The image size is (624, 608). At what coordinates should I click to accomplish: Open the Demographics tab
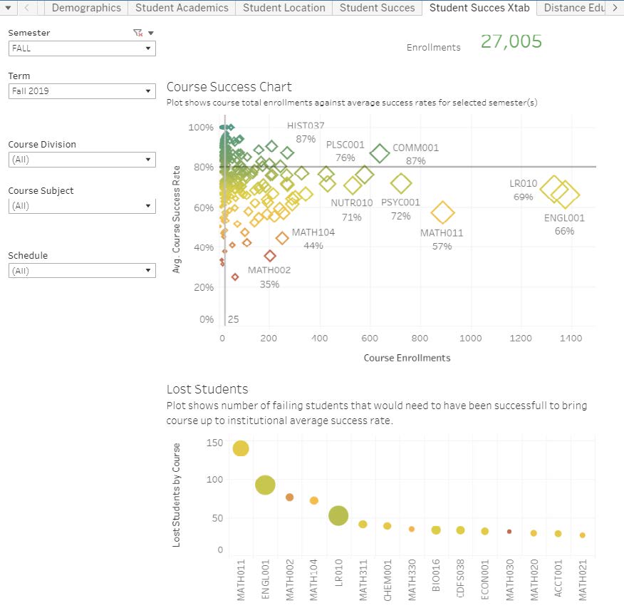[86, 8]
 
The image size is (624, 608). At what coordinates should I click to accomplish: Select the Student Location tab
[284, 8]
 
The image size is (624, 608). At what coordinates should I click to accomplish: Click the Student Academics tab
[182, 8]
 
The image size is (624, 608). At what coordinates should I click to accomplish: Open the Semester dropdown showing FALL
[82, 48]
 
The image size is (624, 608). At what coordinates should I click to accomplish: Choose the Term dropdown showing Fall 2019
[82, 91]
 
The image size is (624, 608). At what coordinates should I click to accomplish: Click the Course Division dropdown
[82, 160]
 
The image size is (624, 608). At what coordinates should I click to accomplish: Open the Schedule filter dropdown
[82, 271]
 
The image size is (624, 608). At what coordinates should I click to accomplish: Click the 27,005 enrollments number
[511, 41]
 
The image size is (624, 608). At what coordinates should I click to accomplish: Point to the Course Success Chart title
[229, 87]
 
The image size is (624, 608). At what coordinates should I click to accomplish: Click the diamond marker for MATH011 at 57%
[442, 212]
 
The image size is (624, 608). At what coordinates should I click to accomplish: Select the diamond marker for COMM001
[380, 153]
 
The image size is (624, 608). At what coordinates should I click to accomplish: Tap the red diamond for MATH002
[270, 256]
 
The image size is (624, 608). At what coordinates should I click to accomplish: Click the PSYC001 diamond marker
[401, 184]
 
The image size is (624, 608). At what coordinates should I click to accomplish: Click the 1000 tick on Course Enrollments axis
[470, 339]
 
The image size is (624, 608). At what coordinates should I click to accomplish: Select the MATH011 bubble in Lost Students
[241, 448]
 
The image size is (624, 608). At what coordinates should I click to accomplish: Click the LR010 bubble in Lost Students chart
[338, 516]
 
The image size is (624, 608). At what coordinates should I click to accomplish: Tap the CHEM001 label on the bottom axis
[388, 580]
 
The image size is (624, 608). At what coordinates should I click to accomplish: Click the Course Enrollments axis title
[407, 358]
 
